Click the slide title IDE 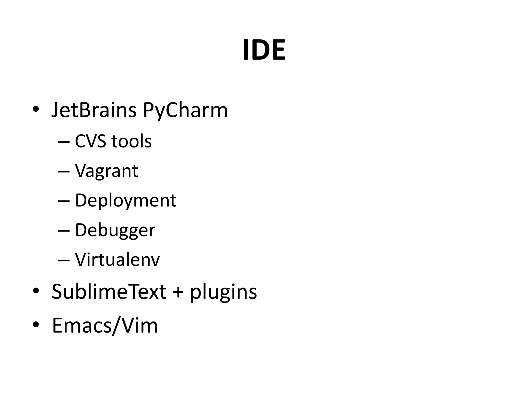pos(264,50)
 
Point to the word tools pos(131,141)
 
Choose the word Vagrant pos(106,171)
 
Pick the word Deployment pos(126,201)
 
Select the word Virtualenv pos(117,260)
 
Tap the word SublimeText pos(109,292)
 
